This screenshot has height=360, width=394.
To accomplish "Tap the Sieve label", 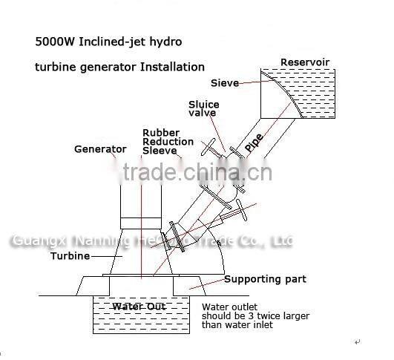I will pyautogui.click(x=224, y=83).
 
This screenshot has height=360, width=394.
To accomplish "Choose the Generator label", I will pyautogui.click(x=100, y=149).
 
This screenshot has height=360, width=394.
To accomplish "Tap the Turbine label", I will pyautogui.click(x=70, y=256).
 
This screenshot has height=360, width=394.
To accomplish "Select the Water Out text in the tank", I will pyautogui.click(x=139, y=307).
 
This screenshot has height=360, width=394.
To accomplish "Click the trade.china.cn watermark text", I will pyautogui.click(x=197, y=174).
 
